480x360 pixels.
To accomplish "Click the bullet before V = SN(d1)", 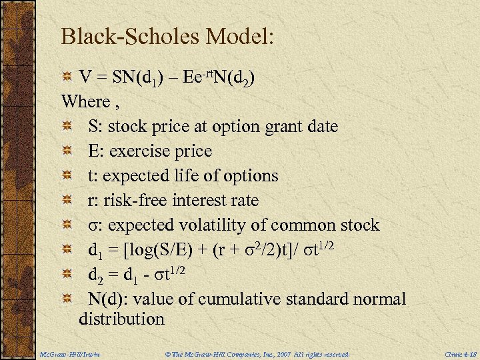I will tap(67, 78).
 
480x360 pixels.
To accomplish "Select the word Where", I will tap(85, 102).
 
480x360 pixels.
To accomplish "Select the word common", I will tap(321, 225).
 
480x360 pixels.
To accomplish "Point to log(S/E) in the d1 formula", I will tap(153, 250).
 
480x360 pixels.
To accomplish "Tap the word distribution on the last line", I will tap(121, 319).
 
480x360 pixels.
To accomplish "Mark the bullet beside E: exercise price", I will tap(67, 152).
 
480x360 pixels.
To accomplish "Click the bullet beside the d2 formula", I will tap(67, 275).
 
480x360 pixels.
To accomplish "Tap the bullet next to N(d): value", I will tap(67, 299).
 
